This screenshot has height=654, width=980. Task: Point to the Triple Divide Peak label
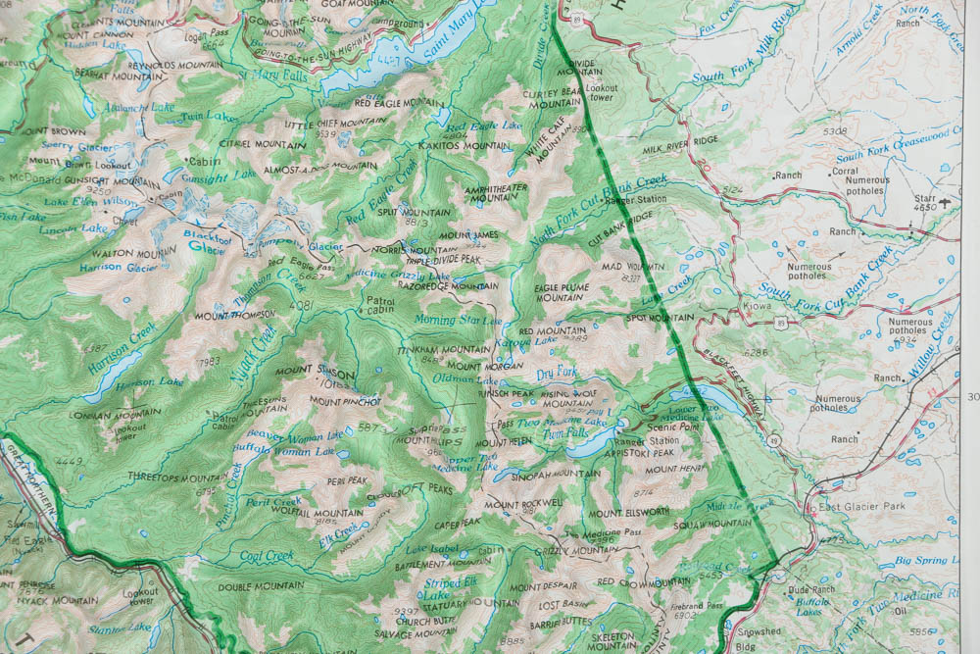[444, 259]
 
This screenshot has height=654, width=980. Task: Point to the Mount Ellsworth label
[629, 513]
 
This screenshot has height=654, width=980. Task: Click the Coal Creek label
[267, 556]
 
